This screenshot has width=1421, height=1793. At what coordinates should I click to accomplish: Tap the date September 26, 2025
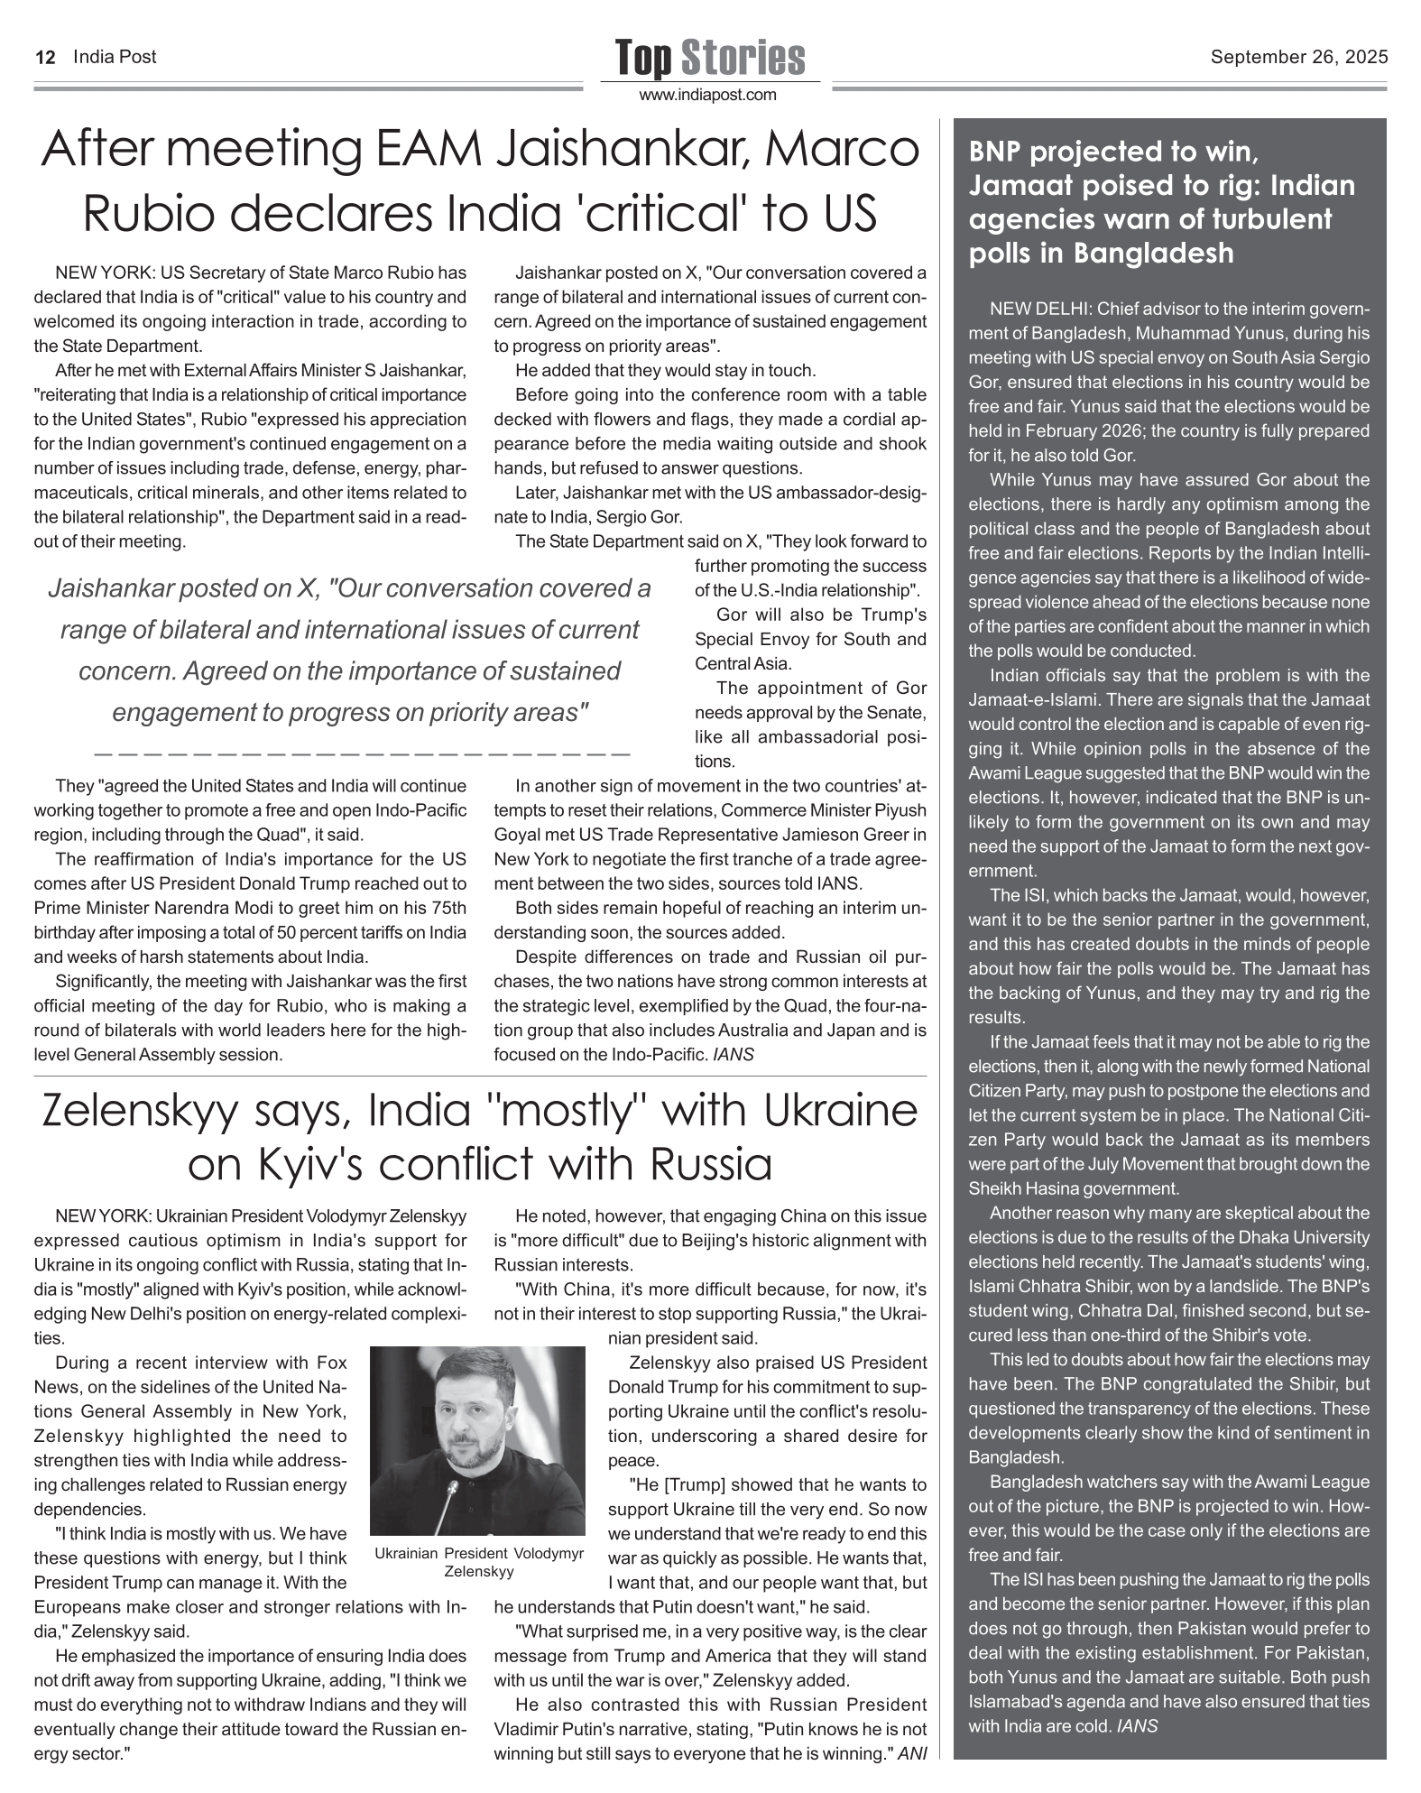(1298, 58)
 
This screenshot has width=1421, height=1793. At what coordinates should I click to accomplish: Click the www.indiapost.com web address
(708, 95)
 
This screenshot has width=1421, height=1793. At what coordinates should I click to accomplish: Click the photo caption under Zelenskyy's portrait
(478, 1562)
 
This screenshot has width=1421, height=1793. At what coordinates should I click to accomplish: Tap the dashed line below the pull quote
(361, 751)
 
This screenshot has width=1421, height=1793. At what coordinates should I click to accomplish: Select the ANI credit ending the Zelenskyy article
(913, 1754)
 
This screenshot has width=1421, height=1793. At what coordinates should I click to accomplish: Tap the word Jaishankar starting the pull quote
(109, 589)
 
